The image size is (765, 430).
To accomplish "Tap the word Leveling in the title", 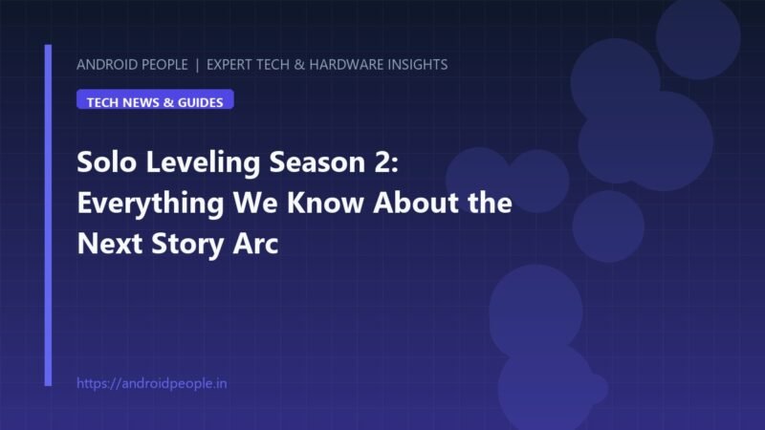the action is coord(203,162).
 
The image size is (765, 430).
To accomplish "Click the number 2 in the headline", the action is coord(386,161).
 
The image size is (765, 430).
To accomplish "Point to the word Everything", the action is coord(150,204).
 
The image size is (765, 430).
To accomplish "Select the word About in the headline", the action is coord(416,203).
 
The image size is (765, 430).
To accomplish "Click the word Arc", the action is coord(255,244).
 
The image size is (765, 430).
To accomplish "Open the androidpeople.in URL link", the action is coord(152,383).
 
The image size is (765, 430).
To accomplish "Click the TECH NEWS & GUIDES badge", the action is coord(155,99).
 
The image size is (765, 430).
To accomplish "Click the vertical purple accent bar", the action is coord(48,216).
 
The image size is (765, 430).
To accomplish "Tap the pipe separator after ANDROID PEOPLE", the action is coord(197,65).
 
